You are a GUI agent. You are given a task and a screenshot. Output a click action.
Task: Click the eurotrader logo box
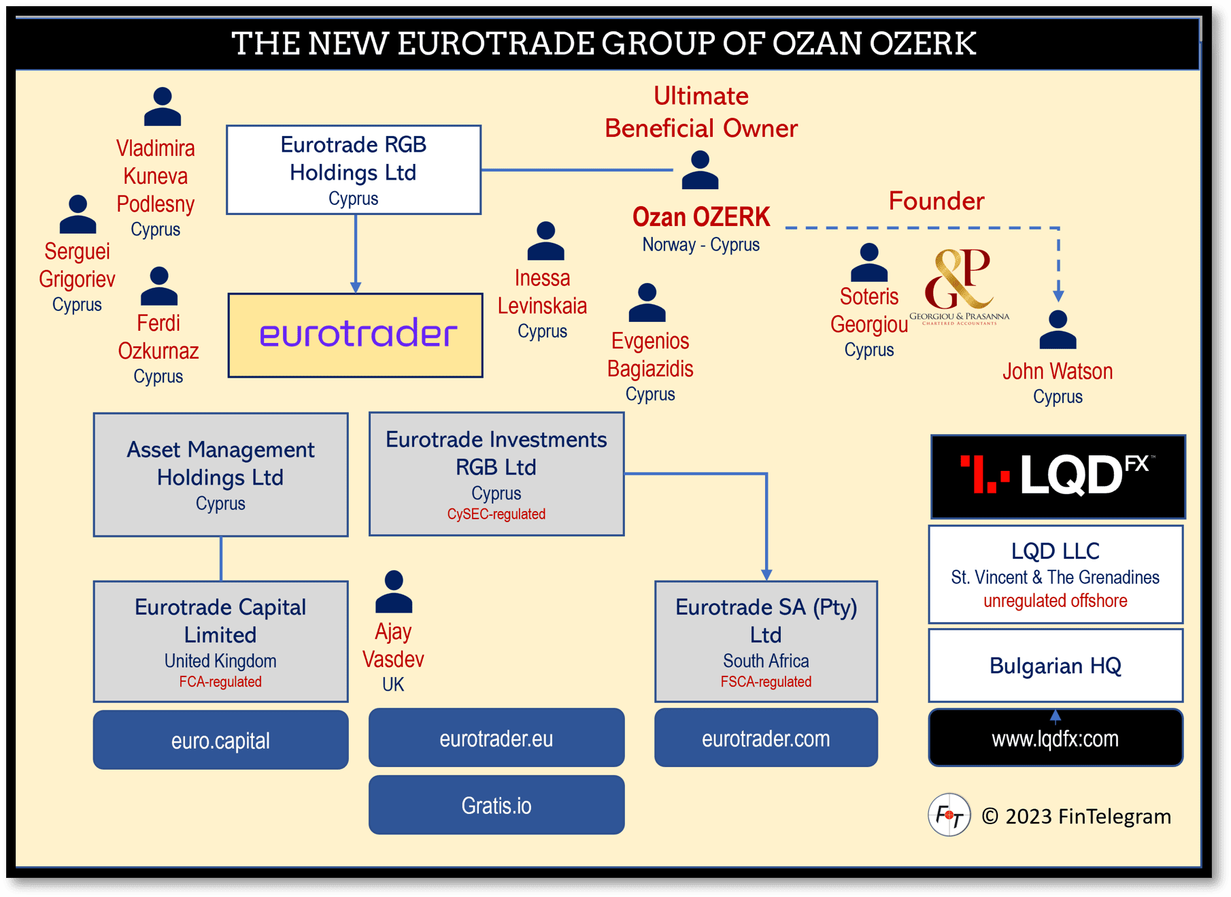tap(355, 335)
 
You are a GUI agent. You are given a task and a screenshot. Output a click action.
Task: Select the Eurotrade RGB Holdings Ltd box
tap(354, 169)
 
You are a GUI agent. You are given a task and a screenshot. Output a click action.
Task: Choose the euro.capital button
tap(220, 740)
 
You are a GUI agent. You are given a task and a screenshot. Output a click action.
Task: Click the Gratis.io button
tap(496, 805)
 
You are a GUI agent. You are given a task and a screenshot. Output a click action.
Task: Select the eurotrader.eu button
tap(496, 738)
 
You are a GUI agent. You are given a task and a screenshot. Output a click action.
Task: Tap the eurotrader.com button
tap(766, 738)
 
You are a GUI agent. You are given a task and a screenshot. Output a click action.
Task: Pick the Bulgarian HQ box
tap(1056, 665)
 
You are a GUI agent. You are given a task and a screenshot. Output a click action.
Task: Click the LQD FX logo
tap(1058, 476)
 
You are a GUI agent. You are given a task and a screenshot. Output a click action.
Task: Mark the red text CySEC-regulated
tap(496, 514)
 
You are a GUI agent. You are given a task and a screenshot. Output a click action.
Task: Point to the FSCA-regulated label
tap(766, 681)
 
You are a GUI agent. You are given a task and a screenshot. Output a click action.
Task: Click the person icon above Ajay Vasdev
tap(394, 591)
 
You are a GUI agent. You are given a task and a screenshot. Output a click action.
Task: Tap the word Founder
tap(937, 201)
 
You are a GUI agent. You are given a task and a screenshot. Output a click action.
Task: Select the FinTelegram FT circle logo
tap(949, 815)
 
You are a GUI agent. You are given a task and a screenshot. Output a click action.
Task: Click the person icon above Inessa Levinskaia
tap(545, 241)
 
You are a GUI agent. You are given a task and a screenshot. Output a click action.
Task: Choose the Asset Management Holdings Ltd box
tap(220, 475)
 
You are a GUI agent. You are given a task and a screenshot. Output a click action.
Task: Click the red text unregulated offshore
tap(1056, 600)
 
